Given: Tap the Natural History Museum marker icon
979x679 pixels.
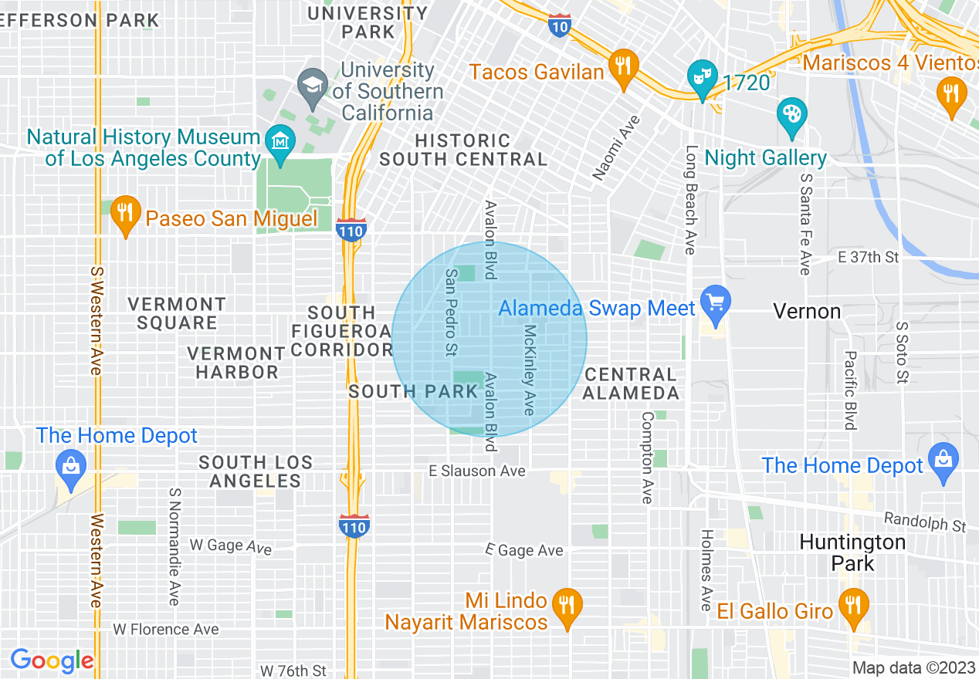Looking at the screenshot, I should [x=276, y=140].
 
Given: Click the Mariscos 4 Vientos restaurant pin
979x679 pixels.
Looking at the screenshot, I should [x=951, y=93].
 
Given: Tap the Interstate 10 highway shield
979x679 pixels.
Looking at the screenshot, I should [x=560, y=25].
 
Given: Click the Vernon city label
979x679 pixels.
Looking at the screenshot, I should [x=807, y=312].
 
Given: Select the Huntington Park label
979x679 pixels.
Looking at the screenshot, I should [x=852, y=552].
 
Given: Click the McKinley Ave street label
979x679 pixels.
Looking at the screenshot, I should [x=530, y=370].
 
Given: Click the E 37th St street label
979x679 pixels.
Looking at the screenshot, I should [x=869, y=257].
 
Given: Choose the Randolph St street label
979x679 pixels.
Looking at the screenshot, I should [x=924, y=522].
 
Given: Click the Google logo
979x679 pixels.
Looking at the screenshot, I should [x=52, y=660].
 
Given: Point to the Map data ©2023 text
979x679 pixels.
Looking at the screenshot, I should [x=913, y=667].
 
